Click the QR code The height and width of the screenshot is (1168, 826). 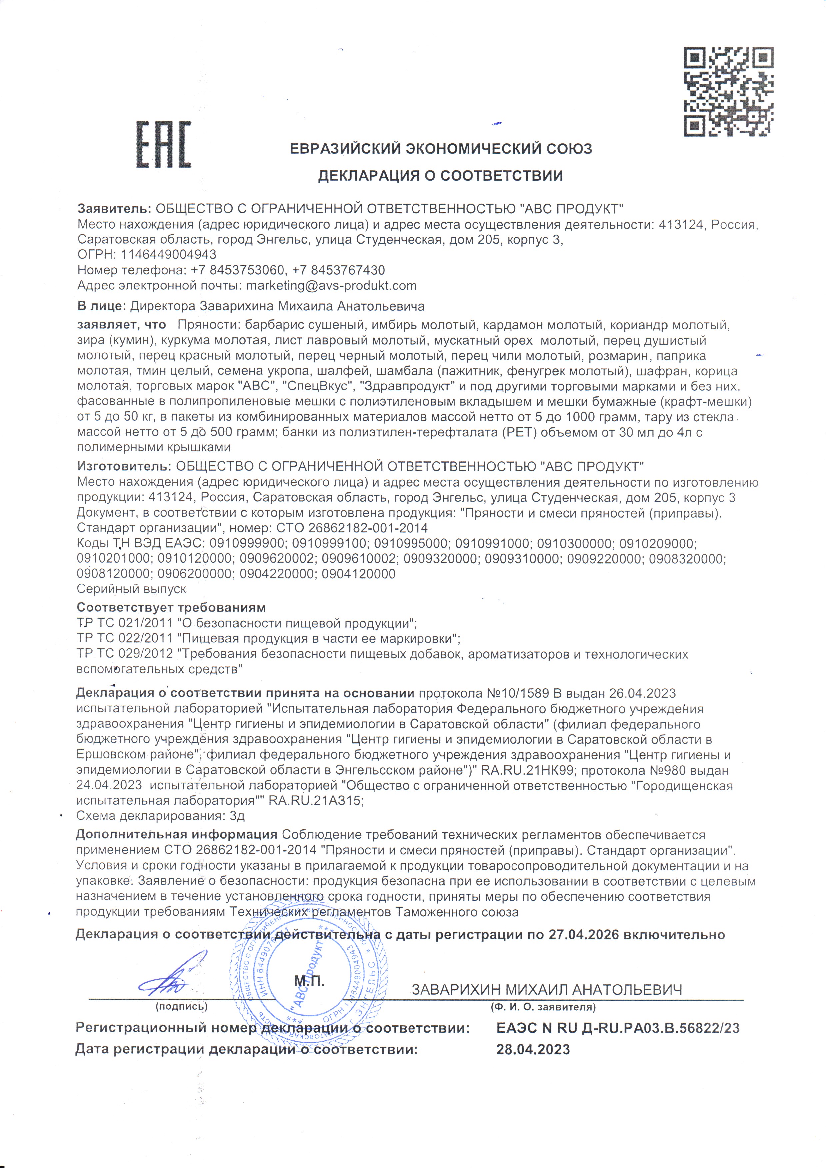click(728, 92)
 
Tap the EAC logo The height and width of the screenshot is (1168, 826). click(163, 145)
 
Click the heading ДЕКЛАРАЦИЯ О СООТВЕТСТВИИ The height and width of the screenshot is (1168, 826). click(440, 176)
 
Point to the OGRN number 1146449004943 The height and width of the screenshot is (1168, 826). click(168, 254)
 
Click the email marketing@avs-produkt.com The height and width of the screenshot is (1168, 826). click(331, 285)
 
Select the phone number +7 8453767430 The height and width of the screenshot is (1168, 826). click(339, 270)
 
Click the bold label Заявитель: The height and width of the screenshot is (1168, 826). click(114, 209)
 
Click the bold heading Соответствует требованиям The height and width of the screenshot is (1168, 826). click(171, 607)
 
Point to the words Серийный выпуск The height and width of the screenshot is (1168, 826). click(131, 589)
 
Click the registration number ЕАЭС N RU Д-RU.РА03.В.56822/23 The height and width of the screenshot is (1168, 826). click(618, 1028)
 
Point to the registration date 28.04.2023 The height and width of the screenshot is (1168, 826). click(533, 1049)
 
